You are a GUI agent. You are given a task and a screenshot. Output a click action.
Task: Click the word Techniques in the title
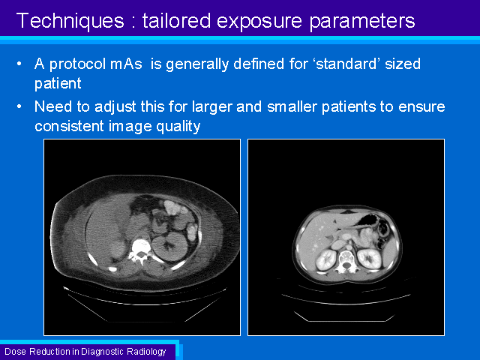coord(70,21)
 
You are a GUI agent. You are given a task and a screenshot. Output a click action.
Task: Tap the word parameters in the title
coord(362,22)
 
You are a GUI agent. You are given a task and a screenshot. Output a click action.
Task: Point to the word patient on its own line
coord(58,83)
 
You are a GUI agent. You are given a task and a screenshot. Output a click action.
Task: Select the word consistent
coord(69,126)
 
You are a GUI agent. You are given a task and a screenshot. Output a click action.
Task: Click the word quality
coord(178,127)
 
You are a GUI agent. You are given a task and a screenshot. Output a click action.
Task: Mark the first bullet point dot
coord(19,64)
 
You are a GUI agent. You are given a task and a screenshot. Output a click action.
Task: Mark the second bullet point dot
coord(19,106)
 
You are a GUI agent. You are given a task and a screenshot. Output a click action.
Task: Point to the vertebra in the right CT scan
coord(346,261)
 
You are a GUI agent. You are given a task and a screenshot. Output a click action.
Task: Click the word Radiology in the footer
coord(146,352)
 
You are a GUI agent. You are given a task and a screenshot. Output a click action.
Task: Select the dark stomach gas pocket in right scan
coord(368,220)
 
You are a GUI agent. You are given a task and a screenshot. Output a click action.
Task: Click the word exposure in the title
coord(259,22)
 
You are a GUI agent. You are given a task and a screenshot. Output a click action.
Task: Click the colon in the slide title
coord(133,22)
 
